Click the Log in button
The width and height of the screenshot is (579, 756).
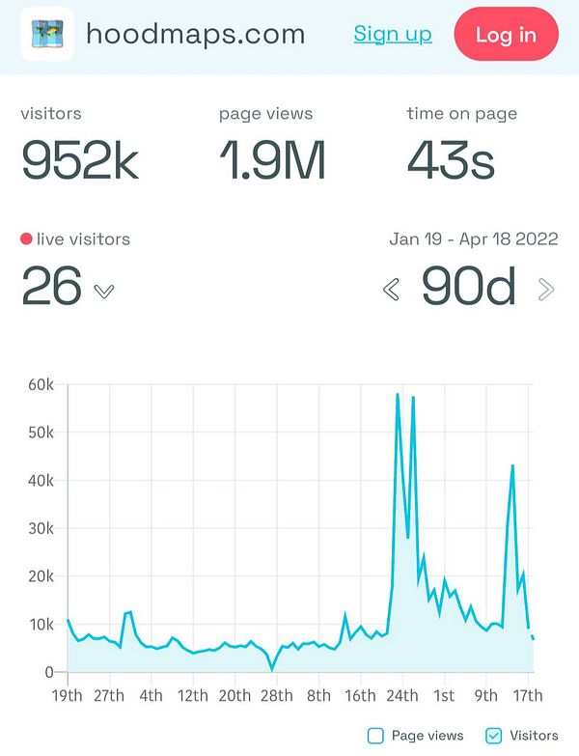tap(506, 35)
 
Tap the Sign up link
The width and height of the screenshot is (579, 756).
tap(393, 35)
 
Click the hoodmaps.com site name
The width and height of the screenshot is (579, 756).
tap(195, 35)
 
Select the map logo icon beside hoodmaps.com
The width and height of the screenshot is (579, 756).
tap(47, 35)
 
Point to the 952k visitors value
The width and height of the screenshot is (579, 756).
tap(80, 161)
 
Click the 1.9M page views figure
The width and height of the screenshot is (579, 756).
tap(272, 161)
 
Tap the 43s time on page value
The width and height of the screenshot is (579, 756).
tap(452, 161)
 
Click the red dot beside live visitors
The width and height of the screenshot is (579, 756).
tap(26, 238)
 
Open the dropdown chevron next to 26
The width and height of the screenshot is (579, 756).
tap(104, 291)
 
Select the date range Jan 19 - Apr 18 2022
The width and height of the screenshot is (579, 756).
tap(474, 239)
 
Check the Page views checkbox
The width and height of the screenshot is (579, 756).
tap(375, 736)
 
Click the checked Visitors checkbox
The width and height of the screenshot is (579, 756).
tap(493, 736)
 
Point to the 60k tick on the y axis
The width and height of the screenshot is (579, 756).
tap(40, 385)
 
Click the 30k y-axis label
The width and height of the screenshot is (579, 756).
tap(40, 529)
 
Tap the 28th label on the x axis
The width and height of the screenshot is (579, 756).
tap(276, 695)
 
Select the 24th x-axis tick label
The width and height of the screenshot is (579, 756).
tap(401, 695)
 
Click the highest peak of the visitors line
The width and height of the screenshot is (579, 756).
tap(398, 394)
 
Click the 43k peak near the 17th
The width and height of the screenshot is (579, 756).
tap(512, 466)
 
